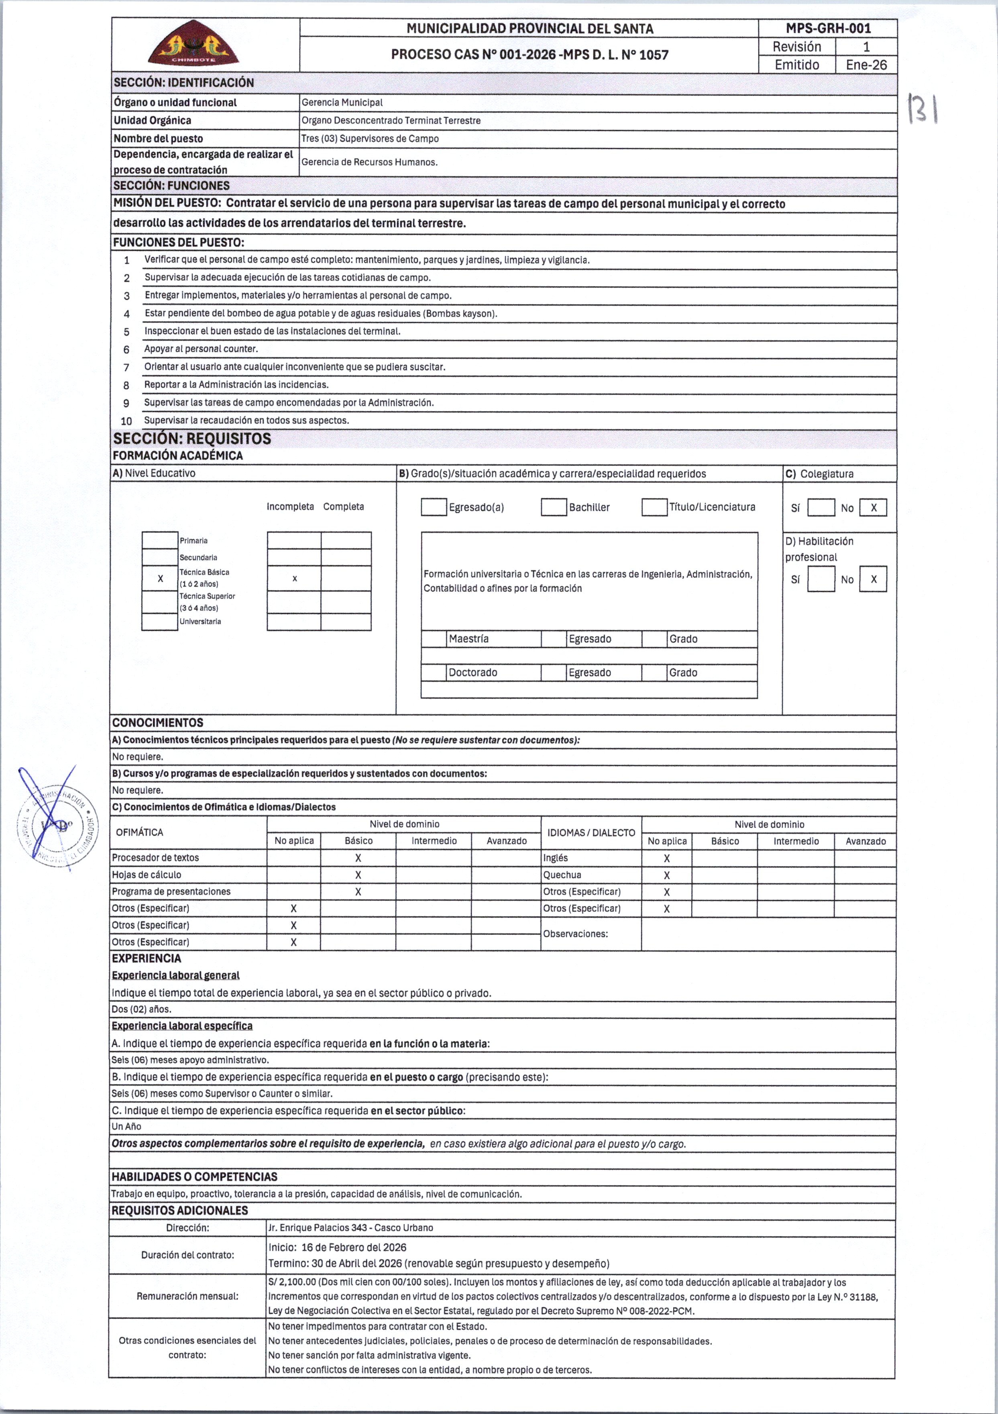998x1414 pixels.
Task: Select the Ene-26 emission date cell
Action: click(x=866, y=65)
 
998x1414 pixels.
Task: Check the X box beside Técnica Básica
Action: click(x=160, y=578)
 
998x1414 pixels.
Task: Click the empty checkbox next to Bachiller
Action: click(x=554, y=507)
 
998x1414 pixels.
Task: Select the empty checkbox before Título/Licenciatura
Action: click(x=654, y=507)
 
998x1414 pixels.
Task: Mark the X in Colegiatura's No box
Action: click(x=873, y=508)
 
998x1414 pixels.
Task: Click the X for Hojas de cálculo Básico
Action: click(x=358, y=874)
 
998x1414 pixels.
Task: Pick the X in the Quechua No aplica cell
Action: click(x=666, y=875)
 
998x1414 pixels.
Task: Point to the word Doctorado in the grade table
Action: click(x=473, y=672)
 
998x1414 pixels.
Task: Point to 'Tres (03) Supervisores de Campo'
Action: click(x=370, y=138)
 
